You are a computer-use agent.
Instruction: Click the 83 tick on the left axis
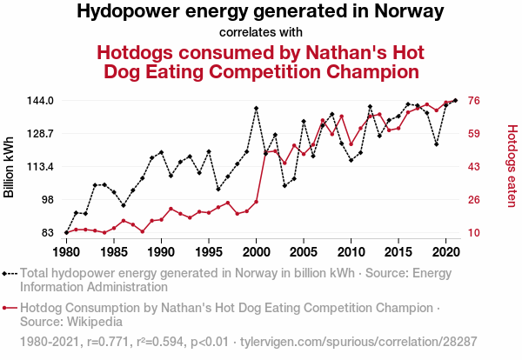(49, 232)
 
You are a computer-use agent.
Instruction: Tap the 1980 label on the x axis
(66, 251)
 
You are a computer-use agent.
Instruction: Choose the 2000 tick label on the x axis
(256, 251)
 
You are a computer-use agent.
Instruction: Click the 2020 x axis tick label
(445, 251)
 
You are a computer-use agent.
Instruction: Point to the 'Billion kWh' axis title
(10, 166)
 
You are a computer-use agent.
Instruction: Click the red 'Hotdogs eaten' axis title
(512, 166)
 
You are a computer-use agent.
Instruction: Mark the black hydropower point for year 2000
(256, 109)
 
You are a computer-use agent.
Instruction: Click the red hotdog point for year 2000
(256, 202)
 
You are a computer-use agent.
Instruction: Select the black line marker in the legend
(10, 273)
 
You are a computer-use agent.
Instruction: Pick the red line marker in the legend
(10, 308)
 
